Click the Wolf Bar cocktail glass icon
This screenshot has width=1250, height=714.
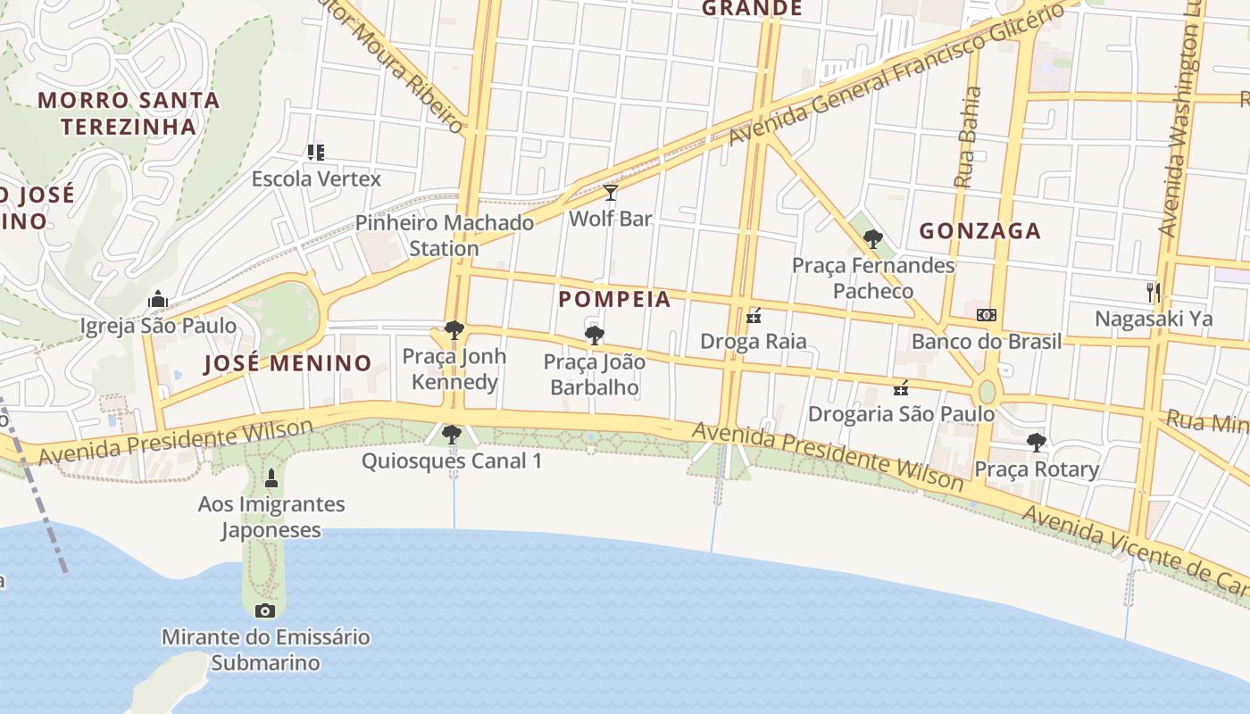pos(611,193)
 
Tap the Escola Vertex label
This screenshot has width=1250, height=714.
pos(316,178)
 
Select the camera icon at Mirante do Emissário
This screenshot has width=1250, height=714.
pos(264,611)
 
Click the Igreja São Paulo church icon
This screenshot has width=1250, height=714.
pos(158,298)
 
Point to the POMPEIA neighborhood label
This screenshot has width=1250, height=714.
pos(614,299)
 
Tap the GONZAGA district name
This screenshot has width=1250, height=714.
pos(980,231)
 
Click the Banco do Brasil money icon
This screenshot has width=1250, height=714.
pos(987,315)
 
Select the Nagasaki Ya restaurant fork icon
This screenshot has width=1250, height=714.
pos(1154,292)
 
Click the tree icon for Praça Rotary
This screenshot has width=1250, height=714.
pos(1036,443)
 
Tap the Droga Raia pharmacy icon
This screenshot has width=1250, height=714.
pos(754,316)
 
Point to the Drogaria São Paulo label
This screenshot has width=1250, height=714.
pos(901,414)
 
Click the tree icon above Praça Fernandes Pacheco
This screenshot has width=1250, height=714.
pos(873,239)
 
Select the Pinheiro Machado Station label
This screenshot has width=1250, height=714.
pos(445,235)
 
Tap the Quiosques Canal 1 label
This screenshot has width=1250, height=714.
pos(451,461)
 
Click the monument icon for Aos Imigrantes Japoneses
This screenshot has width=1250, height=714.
pos(271,479)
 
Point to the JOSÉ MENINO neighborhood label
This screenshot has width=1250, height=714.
pos(287,363)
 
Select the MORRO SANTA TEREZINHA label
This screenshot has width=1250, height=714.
pos(129,112)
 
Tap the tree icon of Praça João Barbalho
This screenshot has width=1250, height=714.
pos(594,336)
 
